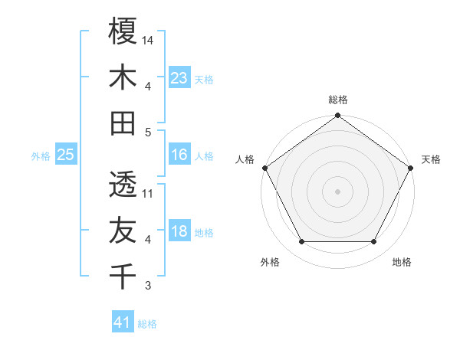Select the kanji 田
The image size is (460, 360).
point(123,123)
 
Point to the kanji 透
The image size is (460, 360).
point(123,185)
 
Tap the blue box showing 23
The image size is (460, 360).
point(179,77)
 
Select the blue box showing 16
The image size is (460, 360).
point(179,155)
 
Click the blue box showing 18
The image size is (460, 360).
point(179,231)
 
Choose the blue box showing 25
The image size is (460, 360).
point(65,155)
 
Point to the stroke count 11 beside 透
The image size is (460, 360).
point(149,194)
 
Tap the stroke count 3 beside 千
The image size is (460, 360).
point(148,286)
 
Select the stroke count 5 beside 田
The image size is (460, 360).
point(148,132)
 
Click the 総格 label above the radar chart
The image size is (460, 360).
point(337,100)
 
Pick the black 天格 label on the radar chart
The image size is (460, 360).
point(431,159)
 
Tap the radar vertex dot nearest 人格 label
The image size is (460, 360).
point(264,168)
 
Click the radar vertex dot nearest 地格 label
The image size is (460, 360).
point(374,242)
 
